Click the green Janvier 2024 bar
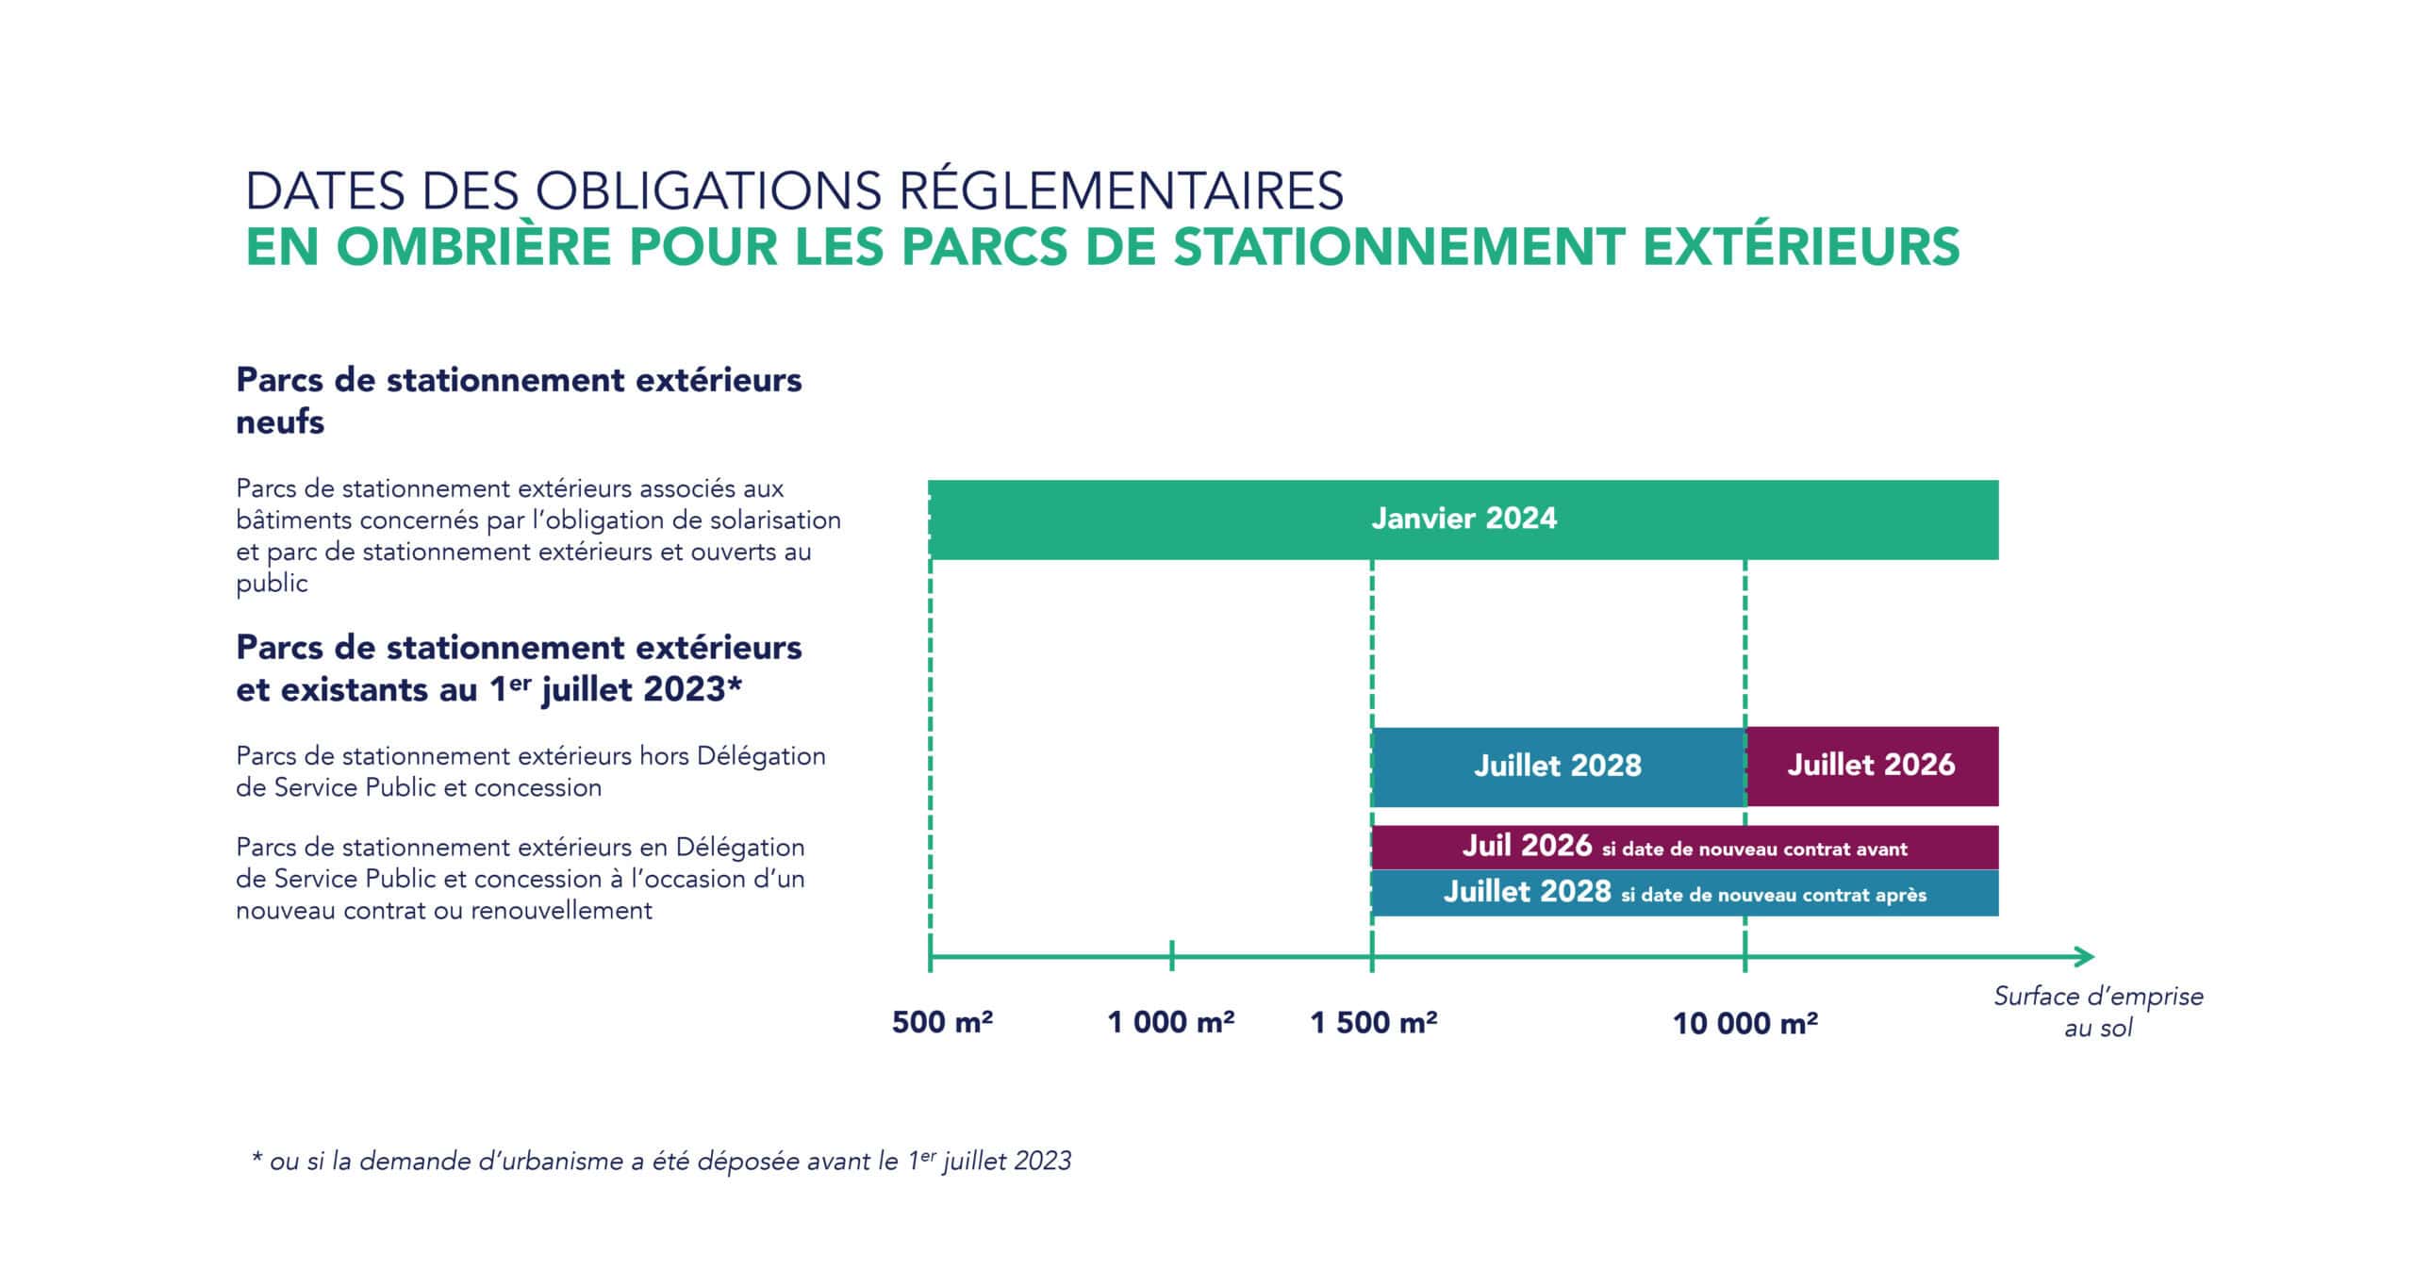pyautogui.click(x=1463, y=520)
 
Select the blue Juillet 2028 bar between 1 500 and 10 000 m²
pyautogui.click(x=1558, y=766)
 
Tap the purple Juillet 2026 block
pyautogui.click(x=1871, y=765)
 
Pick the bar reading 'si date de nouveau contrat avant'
pyautogui.click(x=1684, y=847)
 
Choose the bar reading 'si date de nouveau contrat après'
pyautogui.click(x=1684, y=893)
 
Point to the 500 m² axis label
pyautogui.click(x=942, y=1022)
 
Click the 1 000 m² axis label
pyautogui.click(x=1170, y=1022)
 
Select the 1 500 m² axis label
pyautogui.click(x=1373, y=1022)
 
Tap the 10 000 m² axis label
pyautogui.click(x=1744, y=1023)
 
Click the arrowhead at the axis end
pyautogui.click(x=2084, y=957)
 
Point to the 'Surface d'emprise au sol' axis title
pyautogui.click(x=2098, y=1012)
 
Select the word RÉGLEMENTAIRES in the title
pyautogui.click(x=1121, y=191)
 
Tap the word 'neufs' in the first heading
pyautogui.click(x=280, y=422)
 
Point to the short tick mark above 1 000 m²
pyautogui.click(x=1171, y=955)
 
